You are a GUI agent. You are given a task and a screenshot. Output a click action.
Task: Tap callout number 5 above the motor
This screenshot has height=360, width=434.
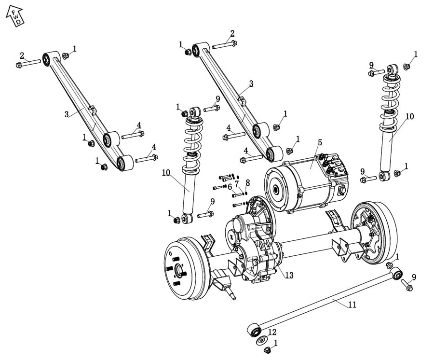coord(319,143)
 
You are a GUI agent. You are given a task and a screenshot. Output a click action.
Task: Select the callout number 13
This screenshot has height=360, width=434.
coord(289,275)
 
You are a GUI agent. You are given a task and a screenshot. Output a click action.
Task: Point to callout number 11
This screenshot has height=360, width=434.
coord(352,305)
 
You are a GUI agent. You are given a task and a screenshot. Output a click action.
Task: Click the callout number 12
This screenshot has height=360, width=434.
coord(272,332)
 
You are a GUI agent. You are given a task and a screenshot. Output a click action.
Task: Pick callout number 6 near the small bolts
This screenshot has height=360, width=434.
coord(230,187)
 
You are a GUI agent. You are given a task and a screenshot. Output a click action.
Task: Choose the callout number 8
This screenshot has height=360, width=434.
coord(247,182)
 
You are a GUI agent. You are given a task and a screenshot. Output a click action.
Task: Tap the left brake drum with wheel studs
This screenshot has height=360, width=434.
coord(186,268)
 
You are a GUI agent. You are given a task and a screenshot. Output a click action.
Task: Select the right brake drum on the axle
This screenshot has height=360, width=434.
coord(376,232)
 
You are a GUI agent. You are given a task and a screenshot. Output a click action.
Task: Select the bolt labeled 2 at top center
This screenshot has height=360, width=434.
coord(224,45)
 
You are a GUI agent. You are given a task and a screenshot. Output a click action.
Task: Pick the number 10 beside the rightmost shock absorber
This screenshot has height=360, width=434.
coord(410,117)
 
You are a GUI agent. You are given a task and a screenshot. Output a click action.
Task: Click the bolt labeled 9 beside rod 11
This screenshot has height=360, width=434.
coord(407,286)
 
